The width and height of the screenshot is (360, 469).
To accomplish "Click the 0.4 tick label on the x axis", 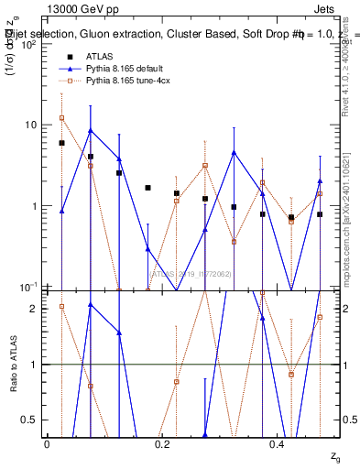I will [278, 444].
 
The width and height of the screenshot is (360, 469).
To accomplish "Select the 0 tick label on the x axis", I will [47, 444].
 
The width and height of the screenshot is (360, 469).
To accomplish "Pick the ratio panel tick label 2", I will [35, 309].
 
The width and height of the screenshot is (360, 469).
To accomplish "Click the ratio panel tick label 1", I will [35, 365].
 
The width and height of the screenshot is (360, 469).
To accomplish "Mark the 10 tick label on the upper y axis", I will [30, 125].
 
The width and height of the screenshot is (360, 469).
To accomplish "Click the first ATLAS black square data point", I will [61, 143].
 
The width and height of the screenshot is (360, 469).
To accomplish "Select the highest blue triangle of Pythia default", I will [90, 130].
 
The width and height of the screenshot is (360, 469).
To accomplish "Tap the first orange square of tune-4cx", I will [61, 117].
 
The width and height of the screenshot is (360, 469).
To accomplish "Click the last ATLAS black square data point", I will [320, 214].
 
